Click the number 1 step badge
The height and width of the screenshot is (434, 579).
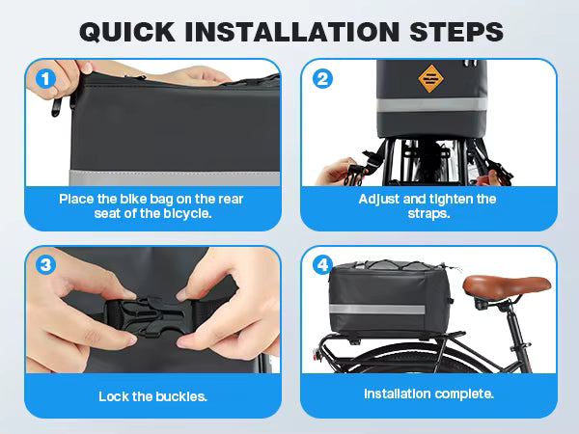click(45, 79)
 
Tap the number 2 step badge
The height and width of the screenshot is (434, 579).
click(322, 79)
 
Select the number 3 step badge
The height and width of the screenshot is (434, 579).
click(45, 265)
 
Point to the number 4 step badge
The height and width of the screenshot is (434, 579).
click(322, 265)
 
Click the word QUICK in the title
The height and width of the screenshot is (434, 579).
click(127, 32)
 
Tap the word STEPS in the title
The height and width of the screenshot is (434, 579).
click(456, 32)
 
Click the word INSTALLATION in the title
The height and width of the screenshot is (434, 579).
click(292, 32)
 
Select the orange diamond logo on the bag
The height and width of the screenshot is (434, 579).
click(431, 79)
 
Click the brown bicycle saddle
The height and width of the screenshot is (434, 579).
click(507, 285)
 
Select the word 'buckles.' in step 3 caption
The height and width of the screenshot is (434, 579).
click(181, 396)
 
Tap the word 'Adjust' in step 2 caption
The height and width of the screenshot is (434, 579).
click(379, 200)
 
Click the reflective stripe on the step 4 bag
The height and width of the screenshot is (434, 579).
click(376, 310)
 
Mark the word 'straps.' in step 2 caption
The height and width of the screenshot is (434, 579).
click(428, 214)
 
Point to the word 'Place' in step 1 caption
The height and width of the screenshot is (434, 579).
click(76, 200)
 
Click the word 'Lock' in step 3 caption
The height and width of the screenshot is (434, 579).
click(113, 396)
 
